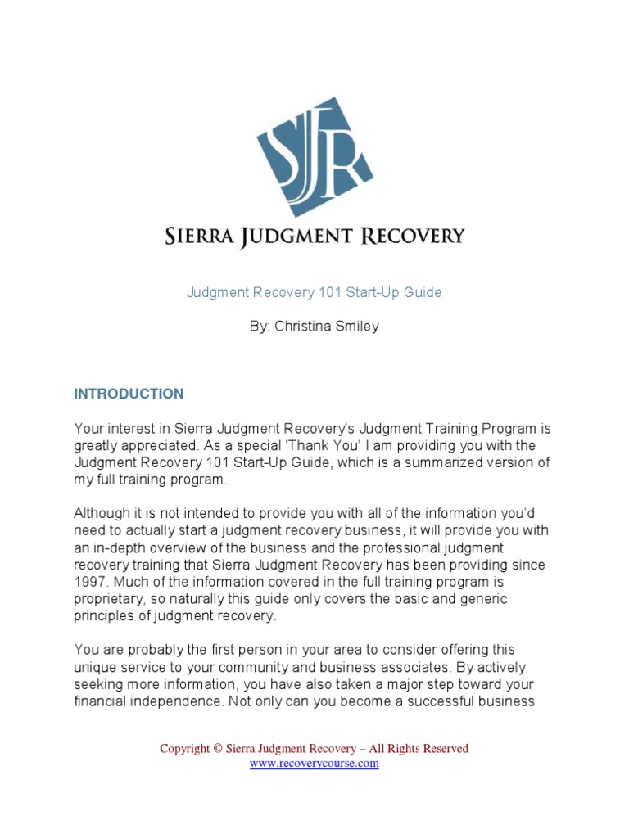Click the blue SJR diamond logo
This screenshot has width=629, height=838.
315,156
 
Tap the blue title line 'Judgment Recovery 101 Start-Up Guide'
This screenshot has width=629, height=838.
314,292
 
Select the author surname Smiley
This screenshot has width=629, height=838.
356,327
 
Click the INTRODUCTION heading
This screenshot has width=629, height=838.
129,394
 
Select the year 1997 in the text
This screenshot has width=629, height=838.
90,581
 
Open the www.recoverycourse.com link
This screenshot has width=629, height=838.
314,763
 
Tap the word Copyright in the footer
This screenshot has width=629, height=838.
184,748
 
